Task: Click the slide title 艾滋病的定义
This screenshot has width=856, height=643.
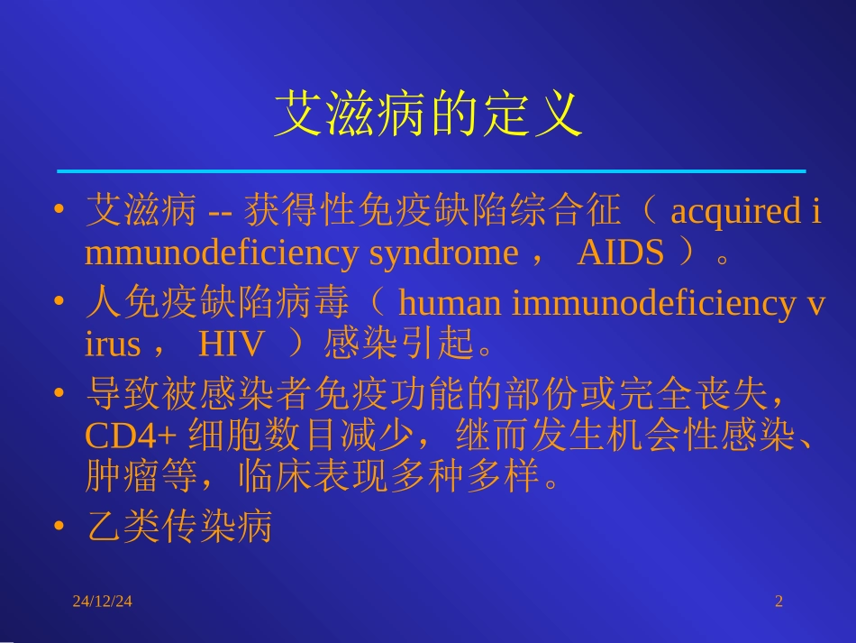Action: tap(428, 115)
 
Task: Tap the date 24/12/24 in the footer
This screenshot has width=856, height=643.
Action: tap(103, 601)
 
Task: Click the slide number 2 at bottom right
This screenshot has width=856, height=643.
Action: tap(779, 601)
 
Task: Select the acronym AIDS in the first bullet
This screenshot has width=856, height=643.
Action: tap(620, 253)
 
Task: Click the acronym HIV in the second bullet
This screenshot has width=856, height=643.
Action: tap(232, 344)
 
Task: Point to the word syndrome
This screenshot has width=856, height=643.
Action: tap(443, 253)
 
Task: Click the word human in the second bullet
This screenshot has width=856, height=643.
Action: tap(451, 303)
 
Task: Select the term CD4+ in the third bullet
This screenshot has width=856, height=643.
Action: tap(131, 436)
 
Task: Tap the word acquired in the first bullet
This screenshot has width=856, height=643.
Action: tap(733, 212)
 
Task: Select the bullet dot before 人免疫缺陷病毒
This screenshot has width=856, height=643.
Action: tap(59, 303)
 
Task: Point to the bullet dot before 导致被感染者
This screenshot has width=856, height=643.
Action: tap(59, 394)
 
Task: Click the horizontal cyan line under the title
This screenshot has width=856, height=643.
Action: tap(431, 170)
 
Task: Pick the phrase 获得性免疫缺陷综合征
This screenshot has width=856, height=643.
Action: tap(433, 212)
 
